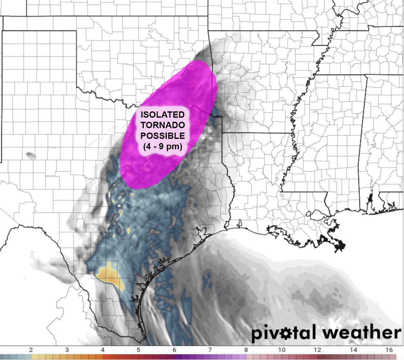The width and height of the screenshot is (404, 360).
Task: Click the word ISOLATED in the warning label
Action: tap(163, 115)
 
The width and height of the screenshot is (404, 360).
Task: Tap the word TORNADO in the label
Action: tap(163, 125)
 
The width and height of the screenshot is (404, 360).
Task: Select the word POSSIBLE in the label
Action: tap(163, 136)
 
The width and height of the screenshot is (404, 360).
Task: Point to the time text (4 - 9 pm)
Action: tap(163, 147)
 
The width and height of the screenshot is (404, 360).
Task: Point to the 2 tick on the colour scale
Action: tap(31, 350)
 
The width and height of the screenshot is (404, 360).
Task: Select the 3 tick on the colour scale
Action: tap(67, 350)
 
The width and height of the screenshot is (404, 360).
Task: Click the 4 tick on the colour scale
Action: tap(103, 350)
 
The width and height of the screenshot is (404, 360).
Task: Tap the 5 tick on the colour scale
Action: tap(138, 350)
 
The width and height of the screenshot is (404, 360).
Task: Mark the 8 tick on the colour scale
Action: tap(246, 350)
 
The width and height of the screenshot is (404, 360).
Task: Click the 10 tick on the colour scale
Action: tap(282, 350)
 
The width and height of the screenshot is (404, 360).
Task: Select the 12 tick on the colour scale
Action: tap(317, 350)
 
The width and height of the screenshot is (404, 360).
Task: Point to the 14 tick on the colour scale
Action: tap(353, 350)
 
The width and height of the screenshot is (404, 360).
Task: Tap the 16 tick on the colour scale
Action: tap(389, 350)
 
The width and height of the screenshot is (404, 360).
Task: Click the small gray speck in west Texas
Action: tap(31, 155)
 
